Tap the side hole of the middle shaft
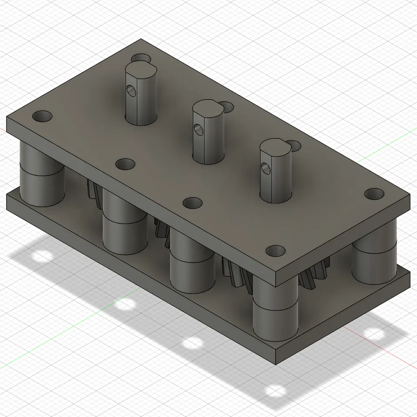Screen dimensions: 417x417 tap(198, 129)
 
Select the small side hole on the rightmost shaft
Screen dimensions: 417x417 tap(265, 167)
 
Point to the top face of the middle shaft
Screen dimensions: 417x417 tap(208, 109)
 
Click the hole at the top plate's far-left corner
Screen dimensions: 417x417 tap(42, 116)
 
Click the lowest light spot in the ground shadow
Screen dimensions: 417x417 tap(275, 391)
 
